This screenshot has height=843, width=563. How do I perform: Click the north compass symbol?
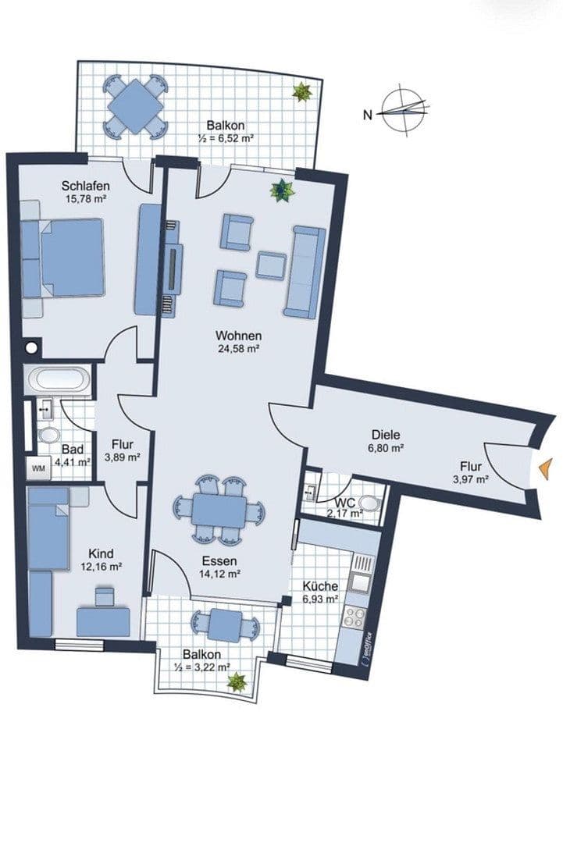point(405,110)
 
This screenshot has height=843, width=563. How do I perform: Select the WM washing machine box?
point(38,469)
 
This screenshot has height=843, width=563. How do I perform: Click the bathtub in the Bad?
point(59,381)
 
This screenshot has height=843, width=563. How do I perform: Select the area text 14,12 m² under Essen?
point(219,573)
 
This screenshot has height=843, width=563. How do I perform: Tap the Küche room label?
point(319,586)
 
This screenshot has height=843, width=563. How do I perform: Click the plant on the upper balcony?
point(301,92)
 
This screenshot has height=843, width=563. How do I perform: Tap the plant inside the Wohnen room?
point(280,190)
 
